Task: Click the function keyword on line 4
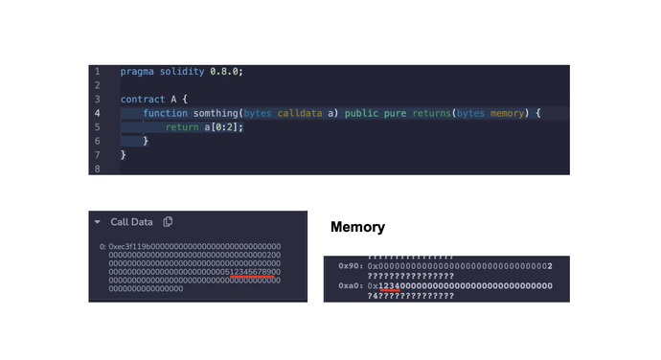166,113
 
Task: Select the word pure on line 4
397,113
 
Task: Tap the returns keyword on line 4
433,113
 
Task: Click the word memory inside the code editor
508,113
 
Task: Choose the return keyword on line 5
182,127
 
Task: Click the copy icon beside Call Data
169,222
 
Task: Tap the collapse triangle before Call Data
98,222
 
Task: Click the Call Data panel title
131,222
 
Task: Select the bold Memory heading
357,228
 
